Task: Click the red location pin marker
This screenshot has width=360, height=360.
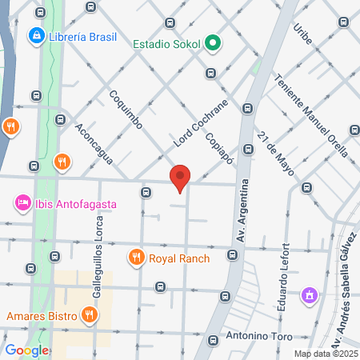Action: click(x=181, y=178)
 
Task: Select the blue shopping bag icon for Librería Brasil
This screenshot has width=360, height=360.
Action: click(x=36, y=36)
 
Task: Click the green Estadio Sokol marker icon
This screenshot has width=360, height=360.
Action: click(x=212, y=43)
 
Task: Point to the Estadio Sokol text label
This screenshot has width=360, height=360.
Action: click(x=166, y=43)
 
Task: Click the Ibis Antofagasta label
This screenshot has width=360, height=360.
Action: click(x=76, y=204)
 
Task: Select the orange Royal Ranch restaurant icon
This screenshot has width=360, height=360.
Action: click(x=135, y=258)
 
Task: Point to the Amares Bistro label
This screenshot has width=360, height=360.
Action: click(x=41, y=315)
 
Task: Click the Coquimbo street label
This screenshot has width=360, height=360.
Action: click(x=126, y=109)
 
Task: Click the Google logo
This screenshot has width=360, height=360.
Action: click(x=26, y=350)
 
